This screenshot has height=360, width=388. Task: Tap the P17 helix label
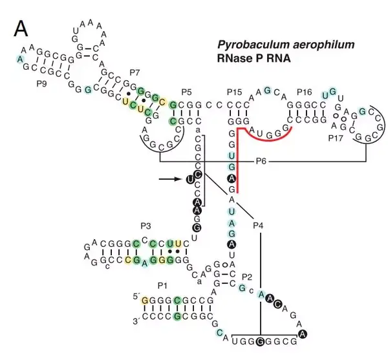[336, 138]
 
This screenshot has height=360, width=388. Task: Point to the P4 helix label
[258, 225]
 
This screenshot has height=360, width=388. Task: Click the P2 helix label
[246, 277]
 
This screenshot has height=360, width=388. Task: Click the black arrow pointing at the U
[168, 179]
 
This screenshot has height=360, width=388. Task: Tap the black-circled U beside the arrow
[189, 180]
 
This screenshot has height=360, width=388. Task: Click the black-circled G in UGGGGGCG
[261, 341]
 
